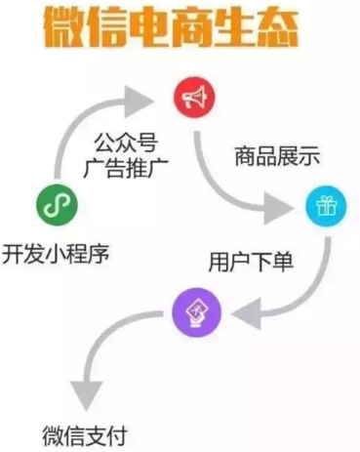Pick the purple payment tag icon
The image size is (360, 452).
(x=197, y=312)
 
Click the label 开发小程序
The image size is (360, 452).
(x=56, y=256)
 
